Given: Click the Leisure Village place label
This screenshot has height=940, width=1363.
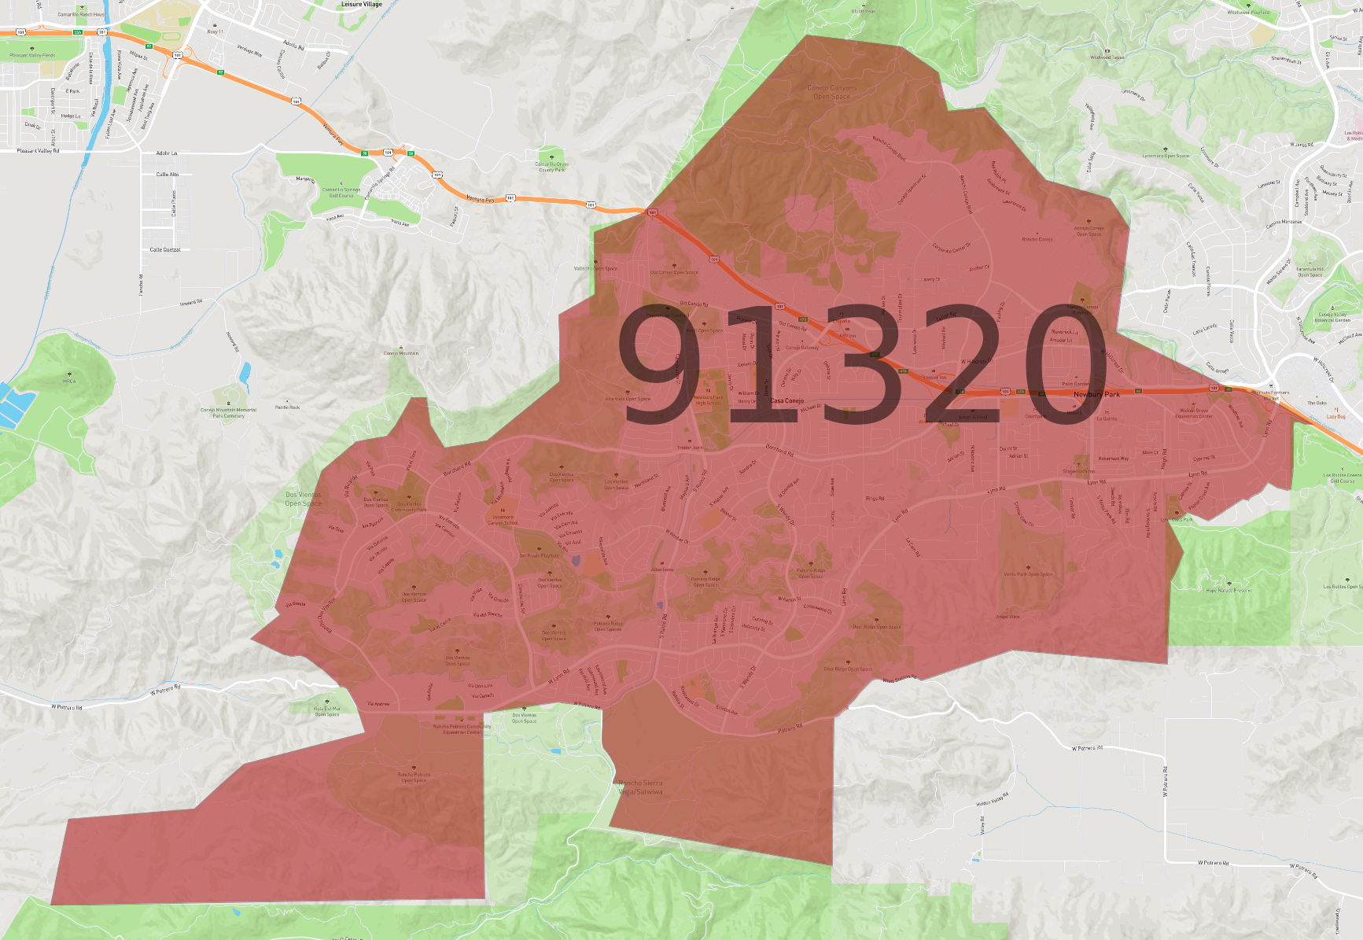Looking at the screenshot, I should pyautogui.click(x=361, y=5).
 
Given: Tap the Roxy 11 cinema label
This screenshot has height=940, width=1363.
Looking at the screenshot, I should pyautogui.click(x=215, y=31).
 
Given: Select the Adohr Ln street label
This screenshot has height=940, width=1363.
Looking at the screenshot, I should pyautogui.click(x=167, y=153).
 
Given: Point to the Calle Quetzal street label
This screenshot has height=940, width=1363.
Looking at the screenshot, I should pyautogui.click(x=165, y=249).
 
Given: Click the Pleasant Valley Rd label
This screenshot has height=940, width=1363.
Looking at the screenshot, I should pyautogui.click(x=38, y=150).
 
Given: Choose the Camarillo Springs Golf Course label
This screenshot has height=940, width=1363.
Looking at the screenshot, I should pyautogui.click(x=341, y=193).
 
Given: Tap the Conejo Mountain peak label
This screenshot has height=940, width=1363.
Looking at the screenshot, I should pyautogui.click(x=401, y=353).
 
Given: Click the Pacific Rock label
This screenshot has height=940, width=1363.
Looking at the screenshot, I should pyautogui.click(x=287, y=407).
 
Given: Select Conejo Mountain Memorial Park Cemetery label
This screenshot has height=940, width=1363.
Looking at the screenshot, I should pyautogui.click(x=228, y=412).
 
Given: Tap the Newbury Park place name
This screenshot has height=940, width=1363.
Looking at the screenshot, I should pyautogui.click(x=1096, y=394).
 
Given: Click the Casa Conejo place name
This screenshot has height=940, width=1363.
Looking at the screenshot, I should pyautogui.click(x=786, y=400).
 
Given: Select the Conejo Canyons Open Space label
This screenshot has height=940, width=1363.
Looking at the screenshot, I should pyautogui.click(x=831, y=92).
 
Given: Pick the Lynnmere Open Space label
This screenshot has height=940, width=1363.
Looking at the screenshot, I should pyautogui.click(x=1166, y=156).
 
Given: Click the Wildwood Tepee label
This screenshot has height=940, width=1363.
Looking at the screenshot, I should pyautogui.click(x=1107, y=57).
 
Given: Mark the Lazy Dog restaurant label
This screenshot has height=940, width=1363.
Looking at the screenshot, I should pyautogui.click(x=1335, y=416).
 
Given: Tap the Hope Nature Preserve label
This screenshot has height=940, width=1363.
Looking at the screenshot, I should pyautogui.click(x=1229, y=590).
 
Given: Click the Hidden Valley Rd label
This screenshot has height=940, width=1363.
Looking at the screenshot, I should pyautogui.click(x=992, y=800).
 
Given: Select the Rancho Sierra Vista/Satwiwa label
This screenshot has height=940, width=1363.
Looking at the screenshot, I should pyautogui.click(x=640, y=787).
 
